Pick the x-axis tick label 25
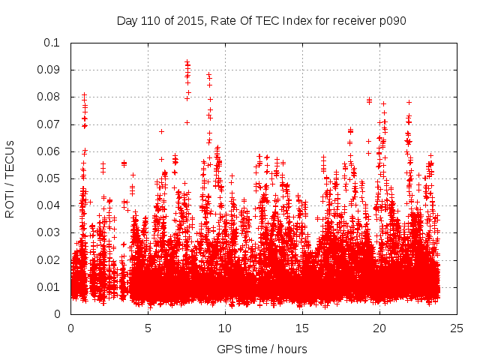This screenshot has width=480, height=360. click(x=457, y=328)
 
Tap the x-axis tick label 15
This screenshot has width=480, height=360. click(x=302, y=328)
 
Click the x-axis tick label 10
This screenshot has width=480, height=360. click(x=225, y=328)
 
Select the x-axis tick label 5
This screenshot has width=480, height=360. click(x=148, y=328)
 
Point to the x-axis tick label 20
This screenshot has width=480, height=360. click(x=379, y=328)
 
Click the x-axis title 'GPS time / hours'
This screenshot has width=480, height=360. click(x=262, y=349)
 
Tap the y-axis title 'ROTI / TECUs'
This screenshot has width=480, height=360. click(x=10, y=178)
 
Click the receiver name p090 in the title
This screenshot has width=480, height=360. click(x=392, y=21)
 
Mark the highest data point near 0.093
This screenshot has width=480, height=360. click(x=187, y=62)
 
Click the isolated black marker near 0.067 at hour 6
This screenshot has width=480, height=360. click(x=161, y=131)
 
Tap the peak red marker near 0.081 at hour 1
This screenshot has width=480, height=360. click(x=85, y=95)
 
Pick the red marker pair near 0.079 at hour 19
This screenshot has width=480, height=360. click(x=369, y=100)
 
